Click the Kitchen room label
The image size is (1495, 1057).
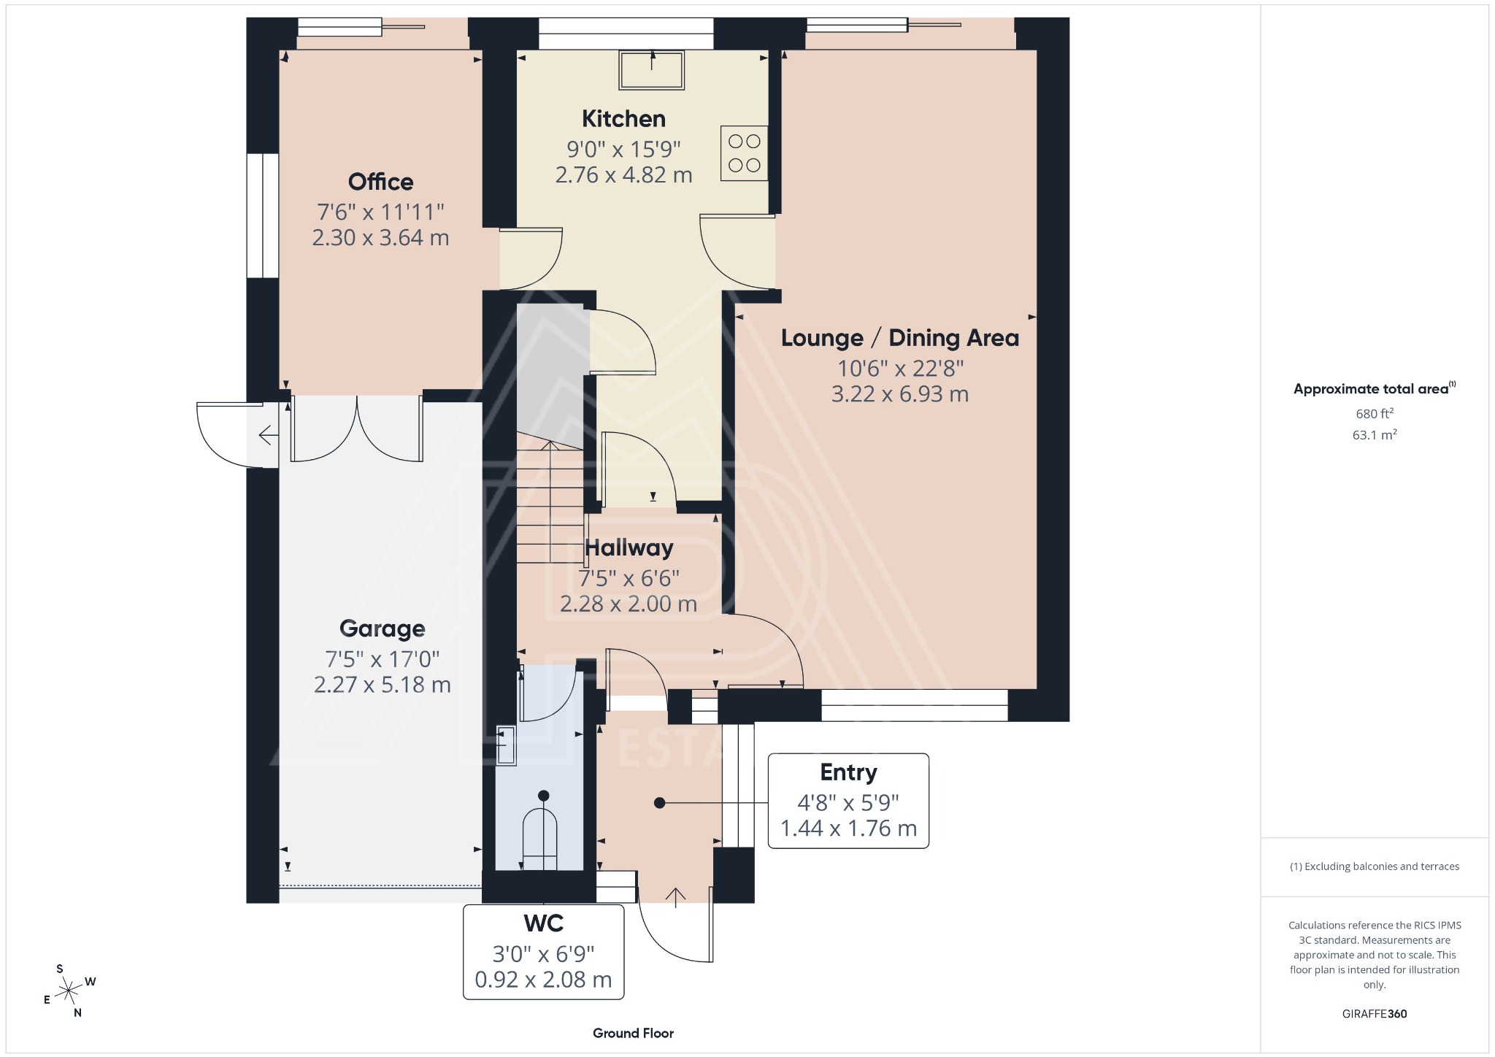pos(623,118)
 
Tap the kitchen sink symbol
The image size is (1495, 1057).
pos(652,69)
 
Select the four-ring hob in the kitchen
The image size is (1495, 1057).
pos(744,153)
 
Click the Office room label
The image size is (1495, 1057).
pos(380,182)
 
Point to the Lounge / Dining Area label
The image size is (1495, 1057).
pos(899,338)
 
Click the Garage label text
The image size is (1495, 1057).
pos(382,629)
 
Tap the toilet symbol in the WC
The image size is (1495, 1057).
pos(540,838)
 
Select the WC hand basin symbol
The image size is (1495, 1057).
pos(506,745)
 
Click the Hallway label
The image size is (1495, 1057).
pos(629,547)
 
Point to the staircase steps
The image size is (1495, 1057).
pos(550,504)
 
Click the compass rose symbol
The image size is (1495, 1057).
pos(69,991)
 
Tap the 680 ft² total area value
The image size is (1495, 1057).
pos(1374,413)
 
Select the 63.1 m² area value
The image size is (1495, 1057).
pos(1374,435)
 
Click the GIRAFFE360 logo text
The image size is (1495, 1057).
pos(1374,1014)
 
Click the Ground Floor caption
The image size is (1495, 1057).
pos(633,1033)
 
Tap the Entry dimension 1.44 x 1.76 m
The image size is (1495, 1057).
pos(848,829)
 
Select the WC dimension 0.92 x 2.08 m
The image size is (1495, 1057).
pos(543,980)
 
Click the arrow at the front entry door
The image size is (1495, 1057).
pos(675,897)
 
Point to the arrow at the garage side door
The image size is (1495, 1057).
pos(268,436)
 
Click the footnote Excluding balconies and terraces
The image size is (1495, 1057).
pos(1374,866)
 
